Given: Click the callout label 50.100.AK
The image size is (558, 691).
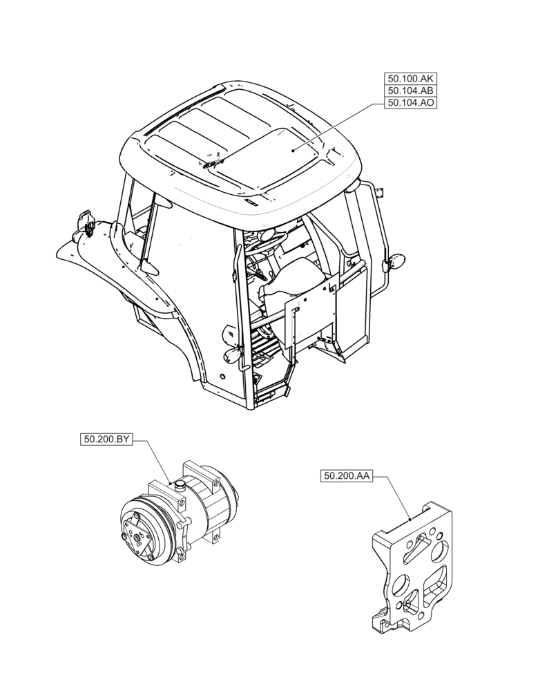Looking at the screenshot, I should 410,78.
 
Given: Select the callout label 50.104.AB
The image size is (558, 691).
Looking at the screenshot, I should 410,91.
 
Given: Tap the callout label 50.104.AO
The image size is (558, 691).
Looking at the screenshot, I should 410,103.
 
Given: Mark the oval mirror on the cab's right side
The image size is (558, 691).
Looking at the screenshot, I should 396,261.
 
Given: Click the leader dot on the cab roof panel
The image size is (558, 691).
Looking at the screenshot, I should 293,151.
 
